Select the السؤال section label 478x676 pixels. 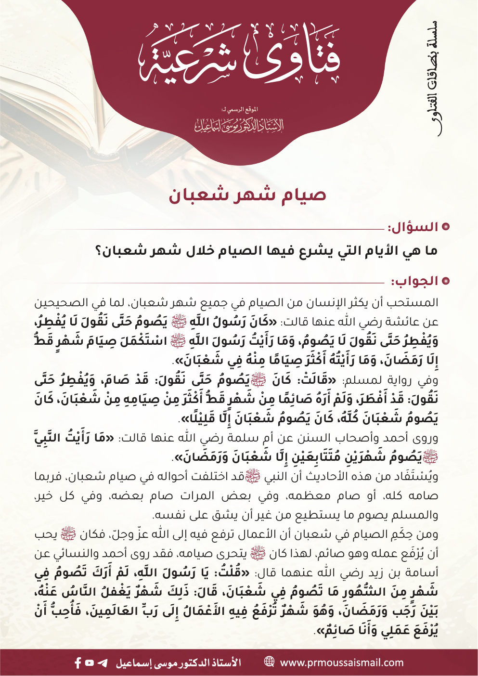[x=413, y=227]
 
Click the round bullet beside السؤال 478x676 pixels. [x=446, y=227]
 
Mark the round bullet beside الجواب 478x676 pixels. [x=446, y=281]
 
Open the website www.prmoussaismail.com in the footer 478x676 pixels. [x=342, y=663]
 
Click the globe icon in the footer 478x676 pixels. [x=270, y=662]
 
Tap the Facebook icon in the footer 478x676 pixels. [x=78, y=663]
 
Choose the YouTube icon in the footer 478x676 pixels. [x=90, y=663]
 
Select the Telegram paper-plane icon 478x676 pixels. [x=102, y=663]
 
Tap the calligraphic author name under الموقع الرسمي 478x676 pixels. [x=239, y=125]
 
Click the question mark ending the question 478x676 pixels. [x=99, y=251]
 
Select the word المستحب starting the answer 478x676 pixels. [x=414, y=303]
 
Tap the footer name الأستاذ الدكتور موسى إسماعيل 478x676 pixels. [x=178, y=663]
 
